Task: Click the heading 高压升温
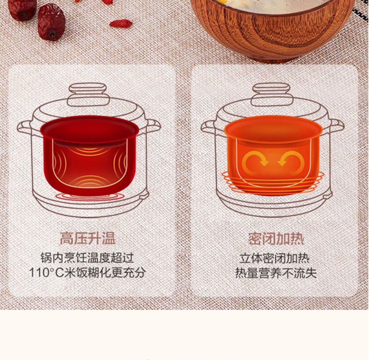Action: [87, 238]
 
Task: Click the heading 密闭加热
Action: [276, 239]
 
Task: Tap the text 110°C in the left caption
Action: [46, 273]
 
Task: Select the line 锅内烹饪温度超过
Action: [87, 258]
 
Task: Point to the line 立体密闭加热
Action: [275, 258]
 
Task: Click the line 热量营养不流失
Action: [276, 273]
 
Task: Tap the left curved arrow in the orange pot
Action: [255, 161]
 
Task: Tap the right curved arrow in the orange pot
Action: [291, 161]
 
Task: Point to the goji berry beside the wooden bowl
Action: [121, 24]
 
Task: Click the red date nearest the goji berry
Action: [51, 22]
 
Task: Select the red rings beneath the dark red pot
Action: [89, 196]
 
